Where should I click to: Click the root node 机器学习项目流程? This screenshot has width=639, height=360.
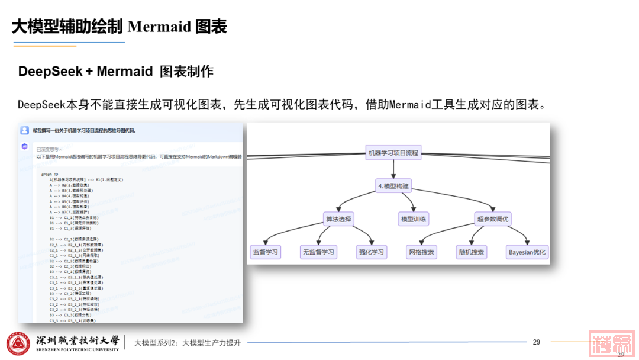[393, 153]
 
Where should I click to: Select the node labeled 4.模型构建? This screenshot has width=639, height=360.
[393, 186]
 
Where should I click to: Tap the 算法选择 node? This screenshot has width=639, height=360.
[338, 219]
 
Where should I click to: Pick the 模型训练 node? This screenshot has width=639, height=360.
[414, 219]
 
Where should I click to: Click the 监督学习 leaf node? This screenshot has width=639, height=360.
[264, 252]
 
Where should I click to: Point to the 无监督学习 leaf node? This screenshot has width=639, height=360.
[318, 252]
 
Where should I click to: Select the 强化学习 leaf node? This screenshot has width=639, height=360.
[371, 252]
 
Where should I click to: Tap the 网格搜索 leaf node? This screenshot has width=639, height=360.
[421, 252]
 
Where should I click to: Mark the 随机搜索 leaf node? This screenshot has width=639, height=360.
[471, 252]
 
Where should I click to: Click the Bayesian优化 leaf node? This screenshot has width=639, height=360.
[527, 252]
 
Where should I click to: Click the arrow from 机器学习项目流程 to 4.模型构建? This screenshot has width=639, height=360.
[393, 169]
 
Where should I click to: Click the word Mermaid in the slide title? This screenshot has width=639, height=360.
[159, 27]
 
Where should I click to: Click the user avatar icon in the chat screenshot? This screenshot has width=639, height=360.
[24, 130]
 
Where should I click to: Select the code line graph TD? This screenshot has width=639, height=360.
[50, 174]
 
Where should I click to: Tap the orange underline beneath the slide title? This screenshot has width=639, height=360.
[44, 46]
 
